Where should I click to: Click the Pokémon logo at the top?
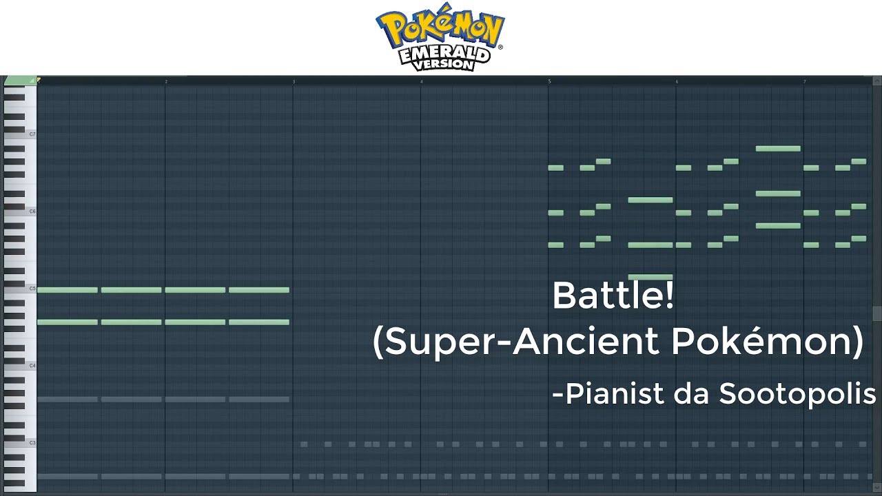point(440,37)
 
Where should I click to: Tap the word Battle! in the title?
point(613,296)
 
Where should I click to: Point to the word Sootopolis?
point(798,393)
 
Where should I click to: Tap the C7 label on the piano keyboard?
point(32,134)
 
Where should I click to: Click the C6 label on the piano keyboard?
point(32,211)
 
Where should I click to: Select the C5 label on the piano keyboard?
point(32,289)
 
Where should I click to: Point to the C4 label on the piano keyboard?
point(32,366)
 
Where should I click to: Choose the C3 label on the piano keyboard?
point(32,443)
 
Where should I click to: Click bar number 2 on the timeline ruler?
point(166,82)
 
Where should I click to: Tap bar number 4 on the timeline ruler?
point(422,82)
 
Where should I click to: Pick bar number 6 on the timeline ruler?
point(677,82)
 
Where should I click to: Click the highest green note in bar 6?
point(778,149)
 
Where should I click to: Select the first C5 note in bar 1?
point(68,290)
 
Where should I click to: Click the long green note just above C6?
point(650,200)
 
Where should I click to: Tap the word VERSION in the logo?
point(443,64)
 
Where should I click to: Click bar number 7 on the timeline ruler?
point(805,82)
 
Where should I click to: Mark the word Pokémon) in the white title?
point(768,342)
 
